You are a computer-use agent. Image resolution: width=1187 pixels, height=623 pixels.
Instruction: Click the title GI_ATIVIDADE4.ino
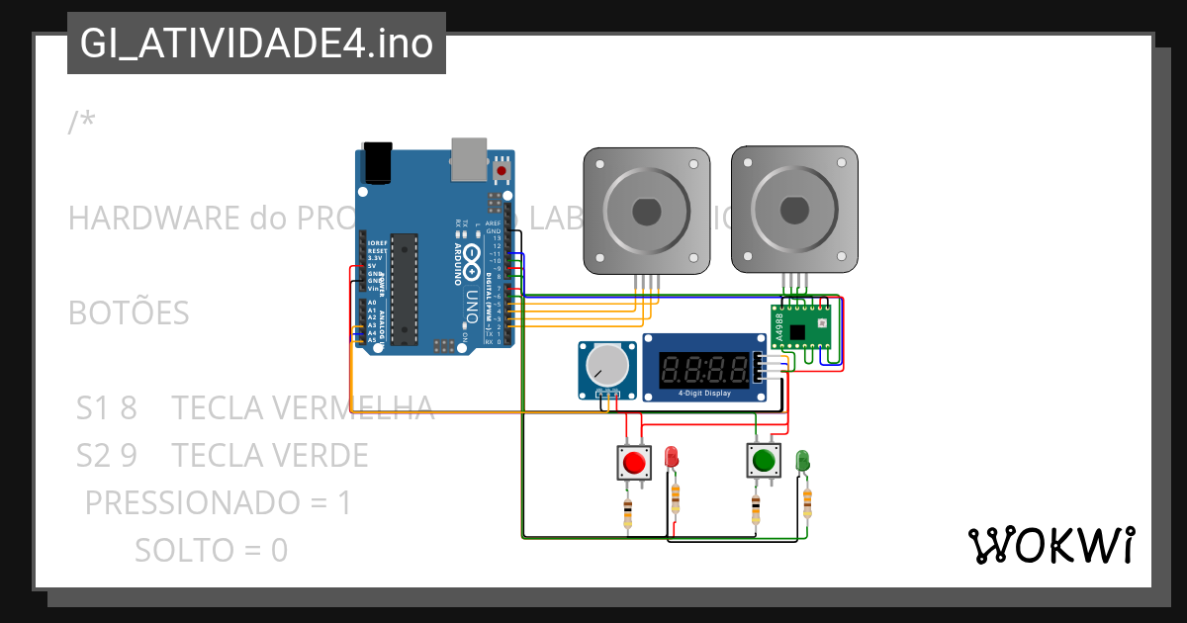click(x=256, y=44)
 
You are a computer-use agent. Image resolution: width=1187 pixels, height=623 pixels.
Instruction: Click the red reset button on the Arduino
click(x=502, y=171)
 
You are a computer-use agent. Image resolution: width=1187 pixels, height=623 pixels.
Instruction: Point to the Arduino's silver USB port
click(x=469, y=159)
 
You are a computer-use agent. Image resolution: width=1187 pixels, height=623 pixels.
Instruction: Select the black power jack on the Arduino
click(x=377, y=162)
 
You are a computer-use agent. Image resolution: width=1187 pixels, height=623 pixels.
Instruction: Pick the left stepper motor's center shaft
click(x=646, y=211)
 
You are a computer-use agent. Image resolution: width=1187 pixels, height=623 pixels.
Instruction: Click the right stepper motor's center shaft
click(x=794, y=211)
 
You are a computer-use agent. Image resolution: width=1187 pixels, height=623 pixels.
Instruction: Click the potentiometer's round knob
click(x=607, y=367)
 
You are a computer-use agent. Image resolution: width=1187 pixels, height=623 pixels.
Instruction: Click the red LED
click(x=671, y=457)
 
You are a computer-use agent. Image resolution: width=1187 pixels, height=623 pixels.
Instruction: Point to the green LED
click(x=802, y=460)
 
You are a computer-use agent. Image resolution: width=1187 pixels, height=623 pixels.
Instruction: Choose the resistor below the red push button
click(x=627, y=512)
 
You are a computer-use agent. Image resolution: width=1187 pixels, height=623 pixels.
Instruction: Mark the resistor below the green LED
click(x=807, y=504)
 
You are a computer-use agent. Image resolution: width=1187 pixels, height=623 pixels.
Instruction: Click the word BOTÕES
click(x=129, y=312)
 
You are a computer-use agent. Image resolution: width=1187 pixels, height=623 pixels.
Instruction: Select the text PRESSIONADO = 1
click(x=218, y=503)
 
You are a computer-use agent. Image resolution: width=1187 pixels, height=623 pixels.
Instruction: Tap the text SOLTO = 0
click(x=211, y=550)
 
